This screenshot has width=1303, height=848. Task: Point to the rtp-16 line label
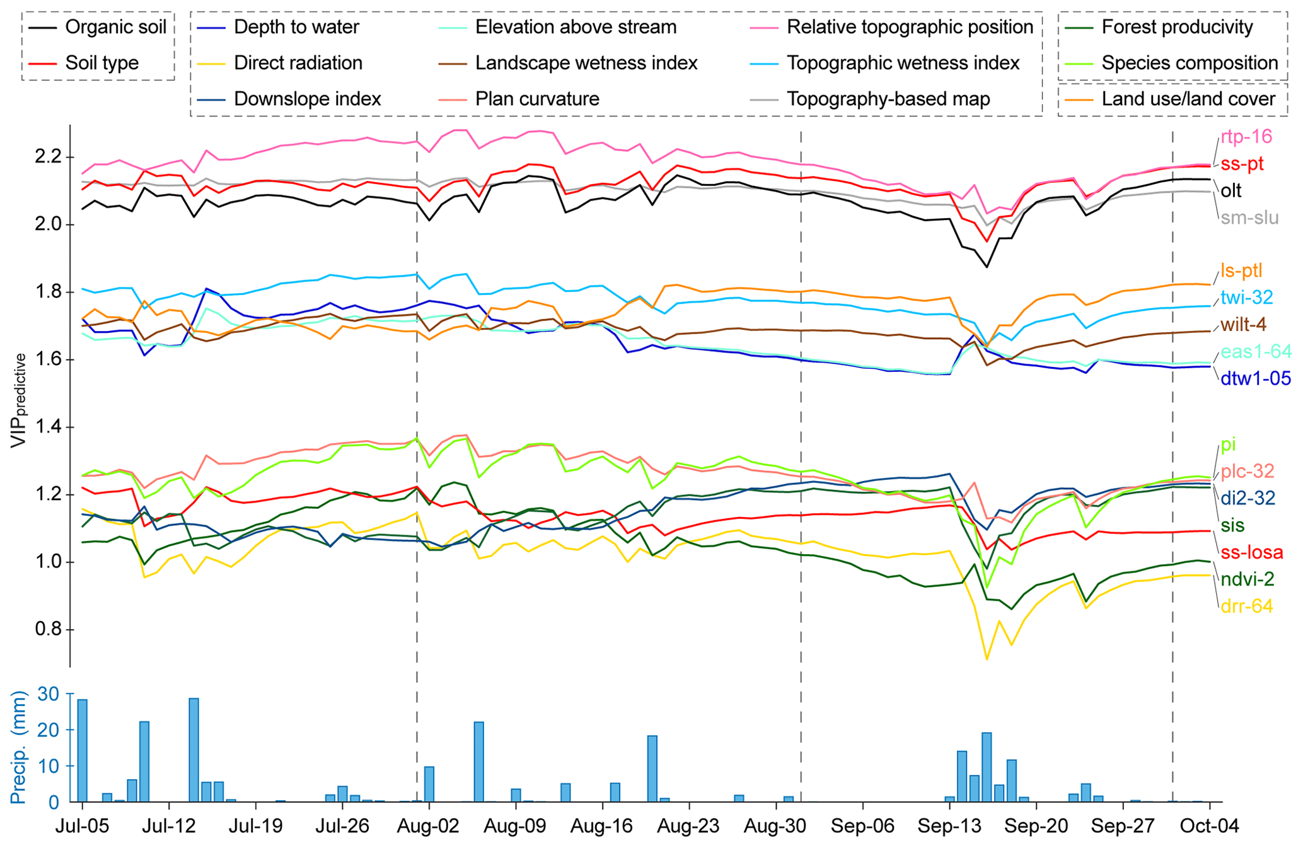tap(1246, 137)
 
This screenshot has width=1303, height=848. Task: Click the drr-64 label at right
tap(1246, 607)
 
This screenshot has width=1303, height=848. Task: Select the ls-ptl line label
tap(1241, 271)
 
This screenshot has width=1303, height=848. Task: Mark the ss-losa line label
tap(1251, 553)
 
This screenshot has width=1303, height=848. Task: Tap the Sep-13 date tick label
tap(949, 827)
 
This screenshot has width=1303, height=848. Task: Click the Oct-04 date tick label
tap(1209, 827)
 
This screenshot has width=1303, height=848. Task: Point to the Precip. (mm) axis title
tap(19, 748)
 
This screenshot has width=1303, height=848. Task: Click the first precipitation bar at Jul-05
tap(82, 750)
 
